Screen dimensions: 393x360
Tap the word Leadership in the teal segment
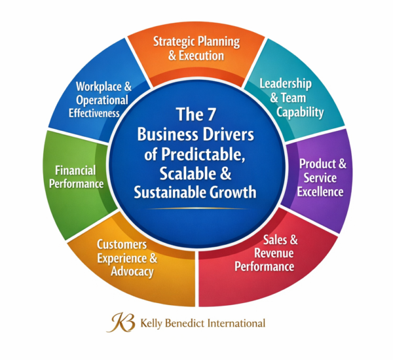[x=286, y=83]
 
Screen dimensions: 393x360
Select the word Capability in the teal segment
[x=300, y=113]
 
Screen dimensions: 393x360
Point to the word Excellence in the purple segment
[x=320, y=192]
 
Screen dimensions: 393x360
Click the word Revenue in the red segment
[x=274, y=253]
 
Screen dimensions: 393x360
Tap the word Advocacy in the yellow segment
[x=132, y=272]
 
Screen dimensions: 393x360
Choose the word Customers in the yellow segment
[x=122, y=245]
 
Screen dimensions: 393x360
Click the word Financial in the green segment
[x=75, y=171]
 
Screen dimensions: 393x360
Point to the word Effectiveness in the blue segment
[x=94, y=113]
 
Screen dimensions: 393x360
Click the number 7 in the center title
[x=211, y=115]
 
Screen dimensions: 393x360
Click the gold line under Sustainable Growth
[x=197, y=208]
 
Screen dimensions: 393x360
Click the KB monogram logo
[x=121, y=323]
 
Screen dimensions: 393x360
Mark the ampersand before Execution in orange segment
[x=172, y=56]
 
